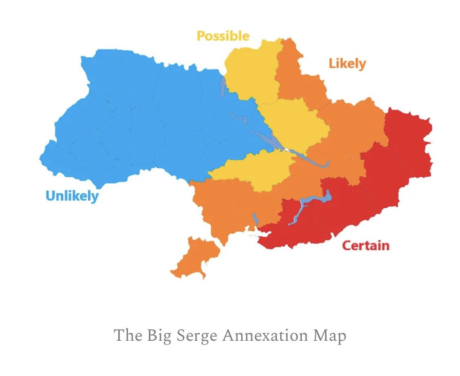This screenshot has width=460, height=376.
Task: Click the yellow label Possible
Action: tap(223, 36)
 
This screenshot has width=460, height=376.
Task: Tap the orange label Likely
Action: tap(347, 63)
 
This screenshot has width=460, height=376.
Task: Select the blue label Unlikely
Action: tap(72, 196)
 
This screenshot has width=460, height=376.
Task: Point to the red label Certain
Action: tap(365, 245)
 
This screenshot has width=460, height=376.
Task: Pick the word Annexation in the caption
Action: tap(266, 336)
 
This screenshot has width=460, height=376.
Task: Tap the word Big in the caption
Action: tap(157, 336)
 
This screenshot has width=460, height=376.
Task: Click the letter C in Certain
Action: tap(347, 245)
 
